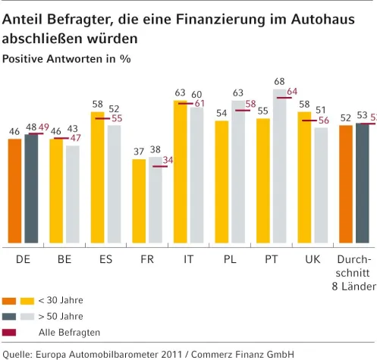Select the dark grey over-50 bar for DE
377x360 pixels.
click(31, 189)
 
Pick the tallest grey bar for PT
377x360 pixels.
click(280, 167)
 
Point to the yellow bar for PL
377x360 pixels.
click(221, 182)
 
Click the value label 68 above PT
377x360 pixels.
click(280, 81)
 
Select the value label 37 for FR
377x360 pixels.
click(139, 152)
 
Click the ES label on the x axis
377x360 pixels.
click(105, 258)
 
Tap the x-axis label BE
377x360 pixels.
click(64, 258)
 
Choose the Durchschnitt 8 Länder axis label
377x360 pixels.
click(353, 272)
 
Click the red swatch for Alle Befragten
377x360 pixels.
click(9, 332)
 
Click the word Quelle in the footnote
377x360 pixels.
click(17, 352)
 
